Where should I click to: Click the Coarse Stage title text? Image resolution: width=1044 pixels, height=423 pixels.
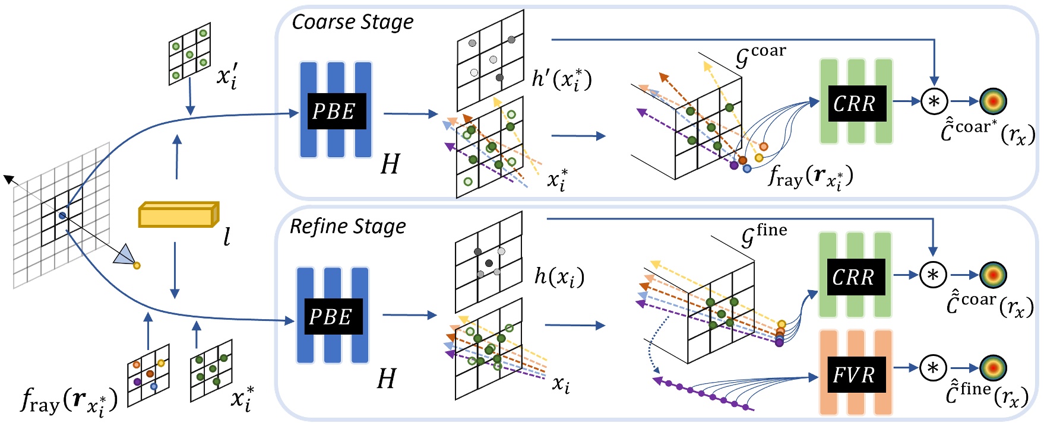click(353, 23)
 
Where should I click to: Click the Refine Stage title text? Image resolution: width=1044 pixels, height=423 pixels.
click(348, 227)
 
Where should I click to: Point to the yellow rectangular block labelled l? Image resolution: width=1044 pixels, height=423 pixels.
click(178, 215)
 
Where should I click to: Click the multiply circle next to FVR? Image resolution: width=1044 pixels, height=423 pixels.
click(933, 368)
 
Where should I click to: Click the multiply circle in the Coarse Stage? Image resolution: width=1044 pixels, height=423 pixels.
click(934, 101)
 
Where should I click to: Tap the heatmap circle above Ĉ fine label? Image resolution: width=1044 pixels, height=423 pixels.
click(993, 368)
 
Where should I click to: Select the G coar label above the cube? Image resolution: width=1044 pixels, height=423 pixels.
click(760, 56)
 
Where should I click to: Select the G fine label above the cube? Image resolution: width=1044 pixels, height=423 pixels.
click(764, 235)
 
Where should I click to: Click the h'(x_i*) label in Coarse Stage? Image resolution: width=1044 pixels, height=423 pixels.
click(561, 79)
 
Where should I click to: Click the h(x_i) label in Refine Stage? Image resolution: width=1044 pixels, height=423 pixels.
click(559, 276)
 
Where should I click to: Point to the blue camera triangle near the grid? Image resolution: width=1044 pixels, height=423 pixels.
click(125, 255)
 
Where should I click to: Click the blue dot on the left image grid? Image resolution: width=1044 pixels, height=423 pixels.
click(62, 215)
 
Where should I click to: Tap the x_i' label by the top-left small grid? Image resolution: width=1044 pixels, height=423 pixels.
click(227, 78)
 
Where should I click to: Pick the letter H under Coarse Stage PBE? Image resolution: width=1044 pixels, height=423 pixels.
click(390, 164)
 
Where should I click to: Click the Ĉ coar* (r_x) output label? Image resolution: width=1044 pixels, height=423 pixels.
click(988, 133)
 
